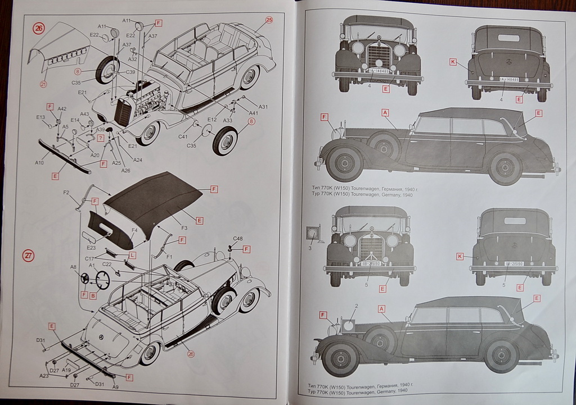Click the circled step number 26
click(x=38, y=29)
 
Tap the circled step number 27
click(x=28, y=256)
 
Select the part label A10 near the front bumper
click(x=39, y=163)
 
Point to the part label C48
click(x=237, y=239)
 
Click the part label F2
click(x=66, y=193)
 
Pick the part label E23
click(x=92, y=247)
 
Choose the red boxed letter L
click(x=132, y=255)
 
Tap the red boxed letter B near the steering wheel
click(x=93, y=294)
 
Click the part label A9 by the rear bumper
click(x=115, y=386)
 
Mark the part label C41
click(x=183, y=136)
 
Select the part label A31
click(x=263, y=107)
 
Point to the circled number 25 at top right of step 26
click(x=269, y=20)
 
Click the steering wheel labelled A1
click(x=103, y=279)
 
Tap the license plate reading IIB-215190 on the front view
click(x=370, y=262)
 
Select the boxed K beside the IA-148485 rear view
click(x=453, y=62)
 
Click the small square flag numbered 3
click(x=311, y=233)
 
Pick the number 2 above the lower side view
click(x=355, y=306)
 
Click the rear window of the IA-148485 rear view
click(x=508, y=38)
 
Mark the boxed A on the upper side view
click(x=385, y=112)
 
